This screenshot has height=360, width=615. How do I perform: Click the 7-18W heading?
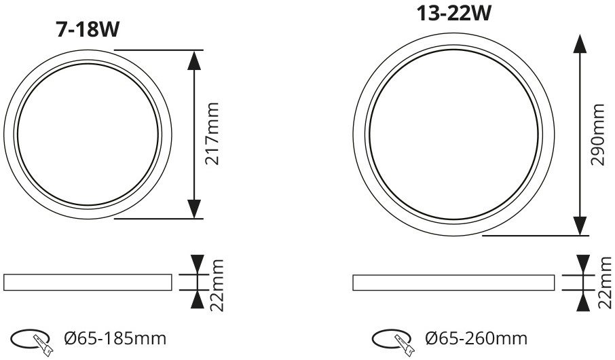click(88, 30)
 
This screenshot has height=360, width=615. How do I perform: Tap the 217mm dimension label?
click(212, 134)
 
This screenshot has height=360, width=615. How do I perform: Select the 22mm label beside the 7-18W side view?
click(217, 285)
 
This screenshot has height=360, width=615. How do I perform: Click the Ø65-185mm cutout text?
click(115, 338)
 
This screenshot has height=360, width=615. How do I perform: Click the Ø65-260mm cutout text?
click(477, 338)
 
